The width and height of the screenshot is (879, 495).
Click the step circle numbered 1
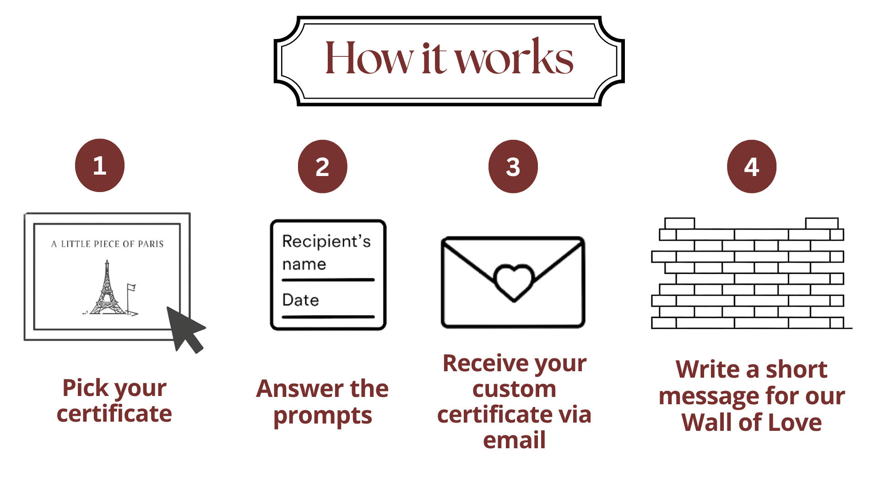click(100, 165)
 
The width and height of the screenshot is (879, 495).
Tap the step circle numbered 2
click(322, 166)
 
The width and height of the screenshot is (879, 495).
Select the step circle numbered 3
click(513, 166)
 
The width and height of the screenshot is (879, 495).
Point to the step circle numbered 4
click(752, 166)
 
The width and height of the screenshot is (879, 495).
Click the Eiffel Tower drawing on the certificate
click(107, 289)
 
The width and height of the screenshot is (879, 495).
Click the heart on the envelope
click(514, 281)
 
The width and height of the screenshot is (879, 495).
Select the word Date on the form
click(301, 300)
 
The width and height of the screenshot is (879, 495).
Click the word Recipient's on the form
click(326, 242)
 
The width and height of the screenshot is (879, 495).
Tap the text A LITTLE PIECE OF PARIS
click(108, 244)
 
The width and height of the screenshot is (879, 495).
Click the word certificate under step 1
click(114, 414)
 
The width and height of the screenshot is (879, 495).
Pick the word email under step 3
click(515, 440)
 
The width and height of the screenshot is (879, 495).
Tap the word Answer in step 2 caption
click(293, 389)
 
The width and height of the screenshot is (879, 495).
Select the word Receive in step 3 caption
click(480, 363)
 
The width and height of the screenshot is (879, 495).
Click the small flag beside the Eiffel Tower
click(131, 288)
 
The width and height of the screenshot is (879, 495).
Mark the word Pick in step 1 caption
click(85, 388)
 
